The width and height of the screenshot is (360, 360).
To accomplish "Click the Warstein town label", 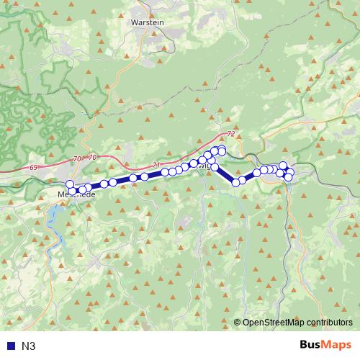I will point(148,22).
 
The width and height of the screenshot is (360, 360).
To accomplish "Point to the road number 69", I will point(34,168).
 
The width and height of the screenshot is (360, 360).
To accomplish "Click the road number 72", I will point(230,135).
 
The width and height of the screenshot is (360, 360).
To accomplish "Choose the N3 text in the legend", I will point(29,346).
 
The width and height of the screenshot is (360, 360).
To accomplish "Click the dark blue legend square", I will point(9,346).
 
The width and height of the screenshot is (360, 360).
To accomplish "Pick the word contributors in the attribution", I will point(330,323).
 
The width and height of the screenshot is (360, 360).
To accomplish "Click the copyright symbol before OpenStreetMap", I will point(238,323).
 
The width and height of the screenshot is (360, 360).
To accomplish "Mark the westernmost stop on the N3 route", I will point(70,184).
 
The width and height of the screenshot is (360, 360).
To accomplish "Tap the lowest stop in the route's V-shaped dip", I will point(235,182).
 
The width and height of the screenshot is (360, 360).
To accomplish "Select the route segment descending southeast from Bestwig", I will point(225,175).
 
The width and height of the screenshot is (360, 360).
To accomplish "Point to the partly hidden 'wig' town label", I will point(205,166).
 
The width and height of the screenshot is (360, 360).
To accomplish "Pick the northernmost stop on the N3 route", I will point(222,149).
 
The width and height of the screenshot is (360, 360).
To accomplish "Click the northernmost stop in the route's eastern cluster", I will point(283,166).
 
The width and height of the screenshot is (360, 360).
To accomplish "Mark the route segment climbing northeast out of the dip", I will point(249,176).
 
